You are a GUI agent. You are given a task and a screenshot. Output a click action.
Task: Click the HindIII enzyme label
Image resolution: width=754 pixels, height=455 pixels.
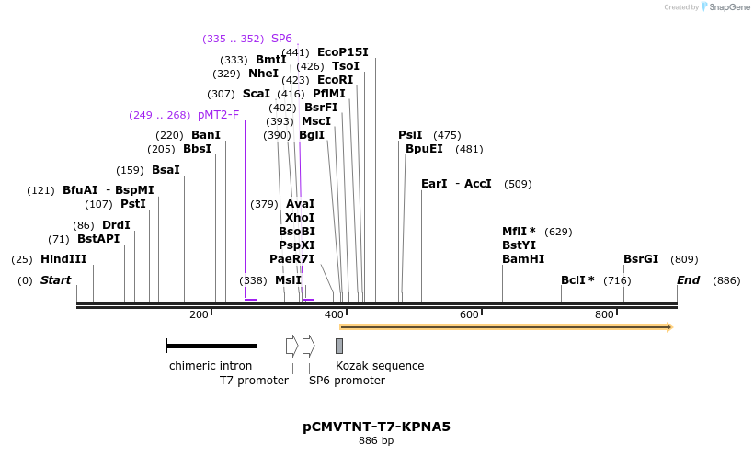[x=63, y=259]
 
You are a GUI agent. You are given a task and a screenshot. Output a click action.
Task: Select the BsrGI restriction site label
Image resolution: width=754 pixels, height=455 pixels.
[x=641, y=259]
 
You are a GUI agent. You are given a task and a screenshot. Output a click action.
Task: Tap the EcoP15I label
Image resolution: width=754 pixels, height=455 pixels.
[x=342, y=52]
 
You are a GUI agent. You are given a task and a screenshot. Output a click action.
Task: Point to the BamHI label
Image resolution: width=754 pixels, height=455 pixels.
[x=523, y=259]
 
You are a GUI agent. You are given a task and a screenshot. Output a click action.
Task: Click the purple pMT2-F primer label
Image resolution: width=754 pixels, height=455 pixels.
[x=218, y=115]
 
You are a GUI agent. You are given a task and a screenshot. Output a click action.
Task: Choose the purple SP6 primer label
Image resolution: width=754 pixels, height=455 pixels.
[x=281, y=39]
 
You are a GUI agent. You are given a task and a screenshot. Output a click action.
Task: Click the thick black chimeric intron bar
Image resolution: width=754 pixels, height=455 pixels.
[x=211, y=346]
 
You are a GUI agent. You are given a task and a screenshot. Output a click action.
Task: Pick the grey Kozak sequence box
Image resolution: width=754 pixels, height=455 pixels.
[x=339, y=346]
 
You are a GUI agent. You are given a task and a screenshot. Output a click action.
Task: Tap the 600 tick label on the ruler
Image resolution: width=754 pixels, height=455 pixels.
[x=469, y=315]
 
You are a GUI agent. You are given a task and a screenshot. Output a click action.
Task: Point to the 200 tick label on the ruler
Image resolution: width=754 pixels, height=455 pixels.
[x=199, y=315]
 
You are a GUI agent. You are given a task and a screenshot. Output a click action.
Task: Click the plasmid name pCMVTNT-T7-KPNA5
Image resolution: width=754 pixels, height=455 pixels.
[x=376, y=427]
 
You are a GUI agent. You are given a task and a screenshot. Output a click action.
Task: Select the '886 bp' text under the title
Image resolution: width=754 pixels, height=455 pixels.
[x=376, y=441]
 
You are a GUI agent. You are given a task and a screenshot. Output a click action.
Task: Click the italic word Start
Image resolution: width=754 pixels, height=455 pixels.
[x=55, y=280]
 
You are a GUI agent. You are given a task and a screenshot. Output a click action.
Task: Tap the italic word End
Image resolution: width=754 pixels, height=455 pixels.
[x=689, y=280]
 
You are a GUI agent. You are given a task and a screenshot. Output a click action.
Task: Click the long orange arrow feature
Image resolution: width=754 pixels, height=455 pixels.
[x=506, y=326]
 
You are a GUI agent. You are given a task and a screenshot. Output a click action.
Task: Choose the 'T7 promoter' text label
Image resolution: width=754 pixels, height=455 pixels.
[x=254, y=380]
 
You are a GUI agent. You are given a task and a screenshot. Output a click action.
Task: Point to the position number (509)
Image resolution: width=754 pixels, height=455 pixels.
[x=518, y=184]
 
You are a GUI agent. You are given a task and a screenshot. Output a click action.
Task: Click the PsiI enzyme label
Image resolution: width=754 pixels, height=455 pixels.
[x=410, y=135]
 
